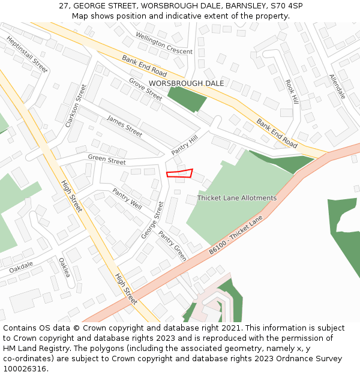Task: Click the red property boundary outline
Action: coord(179,174)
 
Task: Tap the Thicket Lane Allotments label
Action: coord(237,198)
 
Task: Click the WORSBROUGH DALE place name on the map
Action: coord(186,83)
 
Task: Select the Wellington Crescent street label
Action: coord(164,43)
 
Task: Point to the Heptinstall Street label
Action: coord(27,53)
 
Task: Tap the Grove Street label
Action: coord(145,89)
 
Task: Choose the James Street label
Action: coord(124,126)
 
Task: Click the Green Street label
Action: coord(107,160)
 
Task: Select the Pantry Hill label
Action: coord(184,145)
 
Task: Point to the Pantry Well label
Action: coord(127,198)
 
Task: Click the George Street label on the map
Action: coord(152,220)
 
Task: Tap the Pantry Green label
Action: coord(173,245)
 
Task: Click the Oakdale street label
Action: coord(21,266)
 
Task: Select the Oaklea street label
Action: coord(64,268)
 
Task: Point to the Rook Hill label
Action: coord(292,92)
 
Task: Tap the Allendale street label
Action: coord(337,86)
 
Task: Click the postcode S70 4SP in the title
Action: coord(287,6)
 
